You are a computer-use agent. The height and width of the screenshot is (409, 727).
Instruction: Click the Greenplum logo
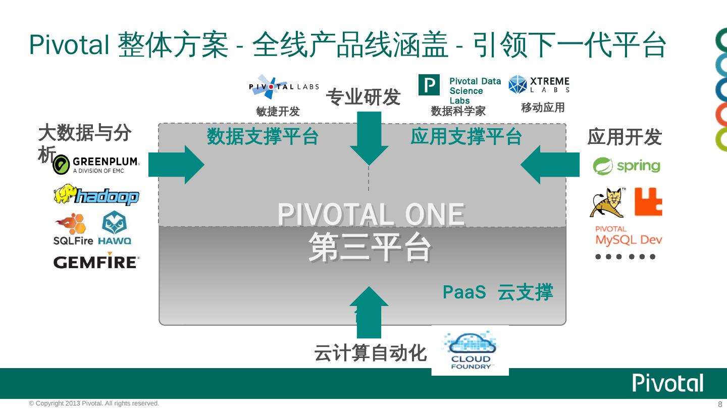coord(96,165)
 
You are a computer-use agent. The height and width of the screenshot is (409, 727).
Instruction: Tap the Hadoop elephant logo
coord(96,195)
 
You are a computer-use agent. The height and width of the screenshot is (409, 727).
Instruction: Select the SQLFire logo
coord(73,229)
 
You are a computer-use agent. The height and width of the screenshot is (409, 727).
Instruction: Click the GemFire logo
coord(96,262)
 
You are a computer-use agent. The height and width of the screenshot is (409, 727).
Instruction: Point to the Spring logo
coord(626,166)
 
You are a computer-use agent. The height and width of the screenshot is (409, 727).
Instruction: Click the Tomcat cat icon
coord(607,202)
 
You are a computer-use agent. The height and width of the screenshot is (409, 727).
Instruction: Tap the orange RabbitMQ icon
coord(648,202)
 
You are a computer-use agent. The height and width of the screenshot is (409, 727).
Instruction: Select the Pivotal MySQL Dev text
coord(628,236)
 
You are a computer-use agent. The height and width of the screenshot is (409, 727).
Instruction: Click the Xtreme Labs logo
coord(539,85)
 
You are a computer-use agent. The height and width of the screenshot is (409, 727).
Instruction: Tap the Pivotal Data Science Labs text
coord(475,90)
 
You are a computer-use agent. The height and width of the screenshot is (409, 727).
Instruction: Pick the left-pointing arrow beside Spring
coord(550,165)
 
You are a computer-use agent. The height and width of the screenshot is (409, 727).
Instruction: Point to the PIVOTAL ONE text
coord(371,215)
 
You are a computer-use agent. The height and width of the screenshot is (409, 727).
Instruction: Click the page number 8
coord(720,404)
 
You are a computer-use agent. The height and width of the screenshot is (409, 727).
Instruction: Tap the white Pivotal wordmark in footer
coord(668,384)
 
